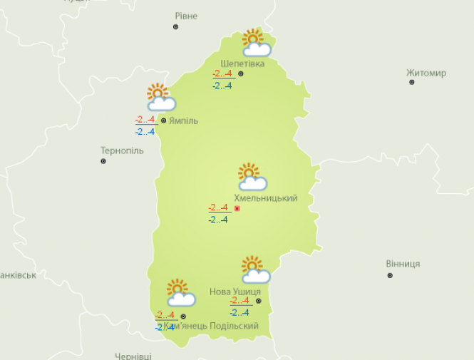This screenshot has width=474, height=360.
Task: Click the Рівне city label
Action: [186, 16]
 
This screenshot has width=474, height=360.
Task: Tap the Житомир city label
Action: [426, 73]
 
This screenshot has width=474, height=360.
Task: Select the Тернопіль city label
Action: [122, 150]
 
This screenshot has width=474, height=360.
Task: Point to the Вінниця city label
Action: [403, 264]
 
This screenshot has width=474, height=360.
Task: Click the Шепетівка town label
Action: [242, 63]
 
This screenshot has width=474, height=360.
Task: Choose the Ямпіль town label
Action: [183, 120]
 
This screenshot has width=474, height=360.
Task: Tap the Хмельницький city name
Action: [266, 198]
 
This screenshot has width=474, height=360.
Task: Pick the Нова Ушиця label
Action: [235, 292]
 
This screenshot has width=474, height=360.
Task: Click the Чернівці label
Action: [134, 355]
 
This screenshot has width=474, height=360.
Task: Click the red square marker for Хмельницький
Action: [237, 209]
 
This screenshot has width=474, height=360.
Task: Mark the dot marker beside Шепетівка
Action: [241, 73]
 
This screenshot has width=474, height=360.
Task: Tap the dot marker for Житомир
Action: [412, 83]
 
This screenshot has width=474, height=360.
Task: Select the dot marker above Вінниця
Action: [389, 274]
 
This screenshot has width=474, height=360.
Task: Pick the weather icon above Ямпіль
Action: [160, 97]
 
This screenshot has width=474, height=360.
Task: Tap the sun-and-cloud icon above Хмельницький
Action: [252, 177]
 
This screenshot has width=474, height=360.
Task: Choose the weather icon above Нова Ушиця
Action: [255, 269]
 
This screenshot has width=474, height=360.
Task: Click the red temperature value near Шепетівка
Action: [222, 73]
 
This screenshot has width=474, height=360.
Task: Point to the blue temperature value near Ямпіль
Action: [145, 132]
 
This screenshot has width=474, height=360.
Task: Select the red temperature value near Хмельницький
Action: [218, 207]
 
